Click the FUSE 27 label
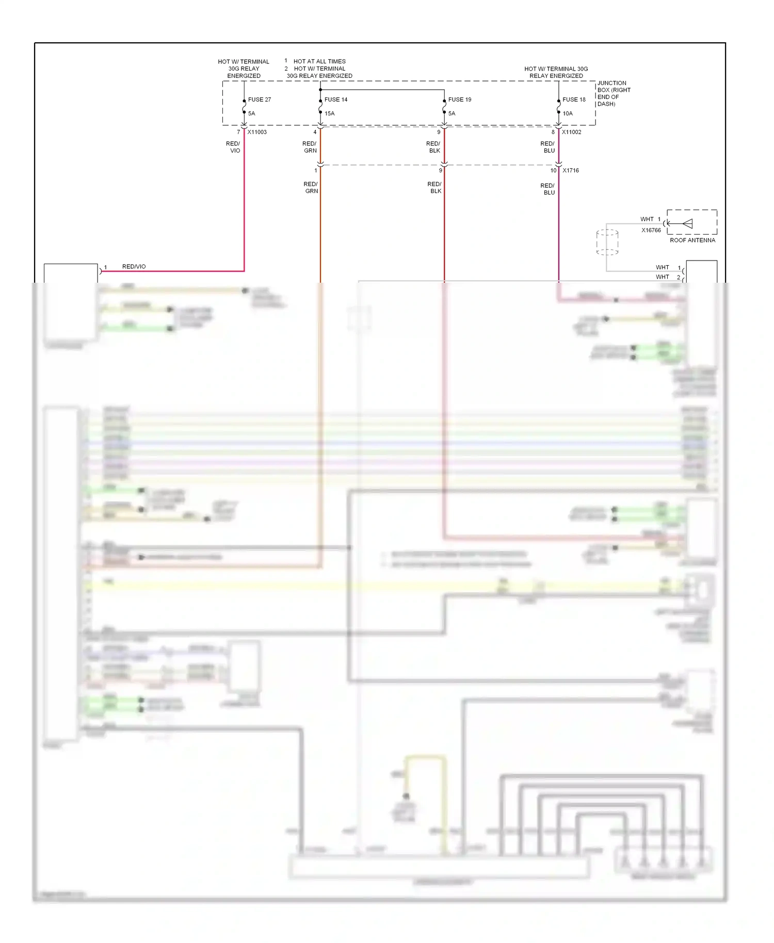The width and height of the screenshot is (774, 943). click(259, 100)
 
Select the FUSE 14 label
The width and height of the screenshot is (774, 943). click(336, 100)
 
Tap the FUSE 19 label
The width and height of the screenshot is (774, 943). click(459, 100)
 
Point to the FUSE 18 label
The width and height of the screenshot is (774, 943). click(574, 100)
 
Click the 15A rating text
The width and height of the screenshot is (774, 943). click(329, 113)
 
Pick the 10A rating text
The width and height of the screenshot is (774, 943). click(568, 113)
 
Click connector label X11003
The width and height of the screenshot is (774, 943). click(257, 132)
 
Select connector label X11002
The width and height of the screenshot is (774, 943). click(572, 132)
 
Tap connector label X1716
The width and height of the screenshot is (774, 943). click(571, 170)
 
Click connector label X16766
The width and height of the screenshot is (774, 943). click(651, 230)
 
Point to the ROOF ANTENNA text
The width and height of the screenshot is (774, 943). click(692, 240)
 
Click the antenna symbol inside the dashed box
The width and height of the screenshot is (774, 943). click(687, 223)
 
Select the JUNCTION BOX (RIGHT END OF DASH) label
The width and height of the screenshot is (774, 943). click(614, 93)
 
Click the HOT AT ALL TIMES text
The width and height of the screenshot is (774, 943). click(319, 61)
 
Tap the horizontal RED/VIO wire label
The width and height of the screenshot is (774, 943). click(134, 267)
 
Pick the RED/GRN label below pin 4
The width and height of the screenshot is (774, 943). click(310, 147)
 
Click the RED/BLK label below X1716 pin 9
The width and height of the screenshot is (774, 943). click(434, 187)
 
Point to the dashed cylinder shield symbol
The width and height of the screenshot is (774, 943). click(607, 242)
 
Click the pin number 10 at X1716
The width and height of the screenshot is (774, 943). click(553, 170)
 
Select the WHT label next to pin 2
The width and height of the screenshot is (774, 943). click(662, 277)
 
